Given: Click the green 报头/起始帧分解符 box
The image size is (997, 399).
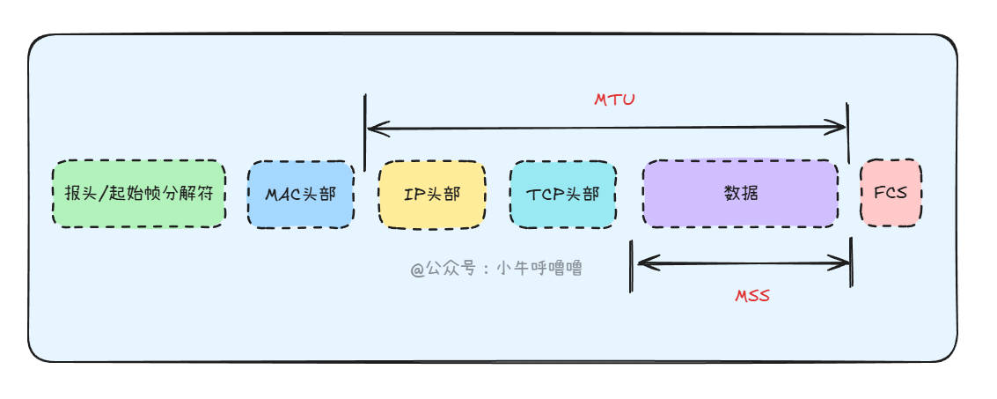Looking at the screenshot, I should [139, 194].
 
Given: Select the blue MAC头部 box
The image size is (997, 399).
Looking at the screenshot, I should [300, 194].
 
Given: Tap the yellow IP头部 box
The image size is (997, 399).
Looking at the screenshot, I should [431, 194].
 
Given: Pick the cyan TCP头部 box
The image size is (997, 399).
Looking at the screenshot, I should [563, 194].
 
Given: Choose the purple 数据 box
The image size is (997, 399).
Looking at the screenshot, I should [740, 193].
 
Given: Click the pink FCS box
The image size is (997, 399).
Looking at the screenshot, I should [891, 192].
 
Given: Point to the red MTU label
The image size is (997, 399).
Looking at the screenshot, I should [614, 100].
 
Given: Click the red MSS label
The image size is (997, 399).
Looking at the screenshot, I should [752, 296].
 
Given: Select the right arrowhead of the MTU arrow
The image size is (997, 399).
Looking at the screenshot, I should [840, 128].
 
